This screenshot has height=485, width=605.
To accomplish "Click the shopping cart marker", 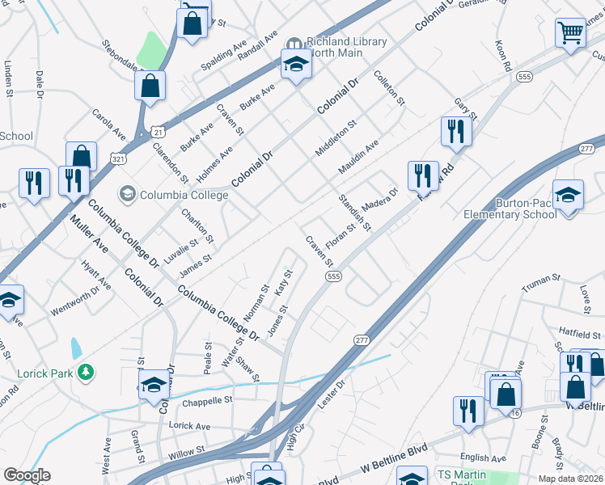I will [570, 34].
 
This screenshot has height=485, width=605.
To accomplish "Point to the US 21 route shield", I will [157, 131].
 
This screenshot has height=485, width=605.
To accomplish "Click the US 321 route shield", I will [119, 160].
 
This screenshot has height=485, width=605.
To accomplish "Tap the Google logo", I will [27, 475].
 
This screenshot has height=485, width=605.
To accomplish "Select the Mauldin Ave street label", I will [359, 158].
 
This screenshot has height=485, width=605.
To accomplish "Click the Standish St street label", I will [354, 213].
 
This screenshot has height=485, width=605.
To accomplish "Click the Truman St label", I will [541, 283].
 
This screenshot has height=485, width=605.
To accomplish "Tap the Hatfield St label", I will [581, 331].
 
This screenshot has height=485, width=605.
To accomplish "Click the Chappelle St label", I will [206, 400].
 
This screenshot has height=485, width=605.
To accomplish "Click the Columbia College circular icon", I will [126, 194].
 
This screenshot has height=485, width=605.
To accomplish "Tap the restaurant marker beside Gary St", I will [456, 132].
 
